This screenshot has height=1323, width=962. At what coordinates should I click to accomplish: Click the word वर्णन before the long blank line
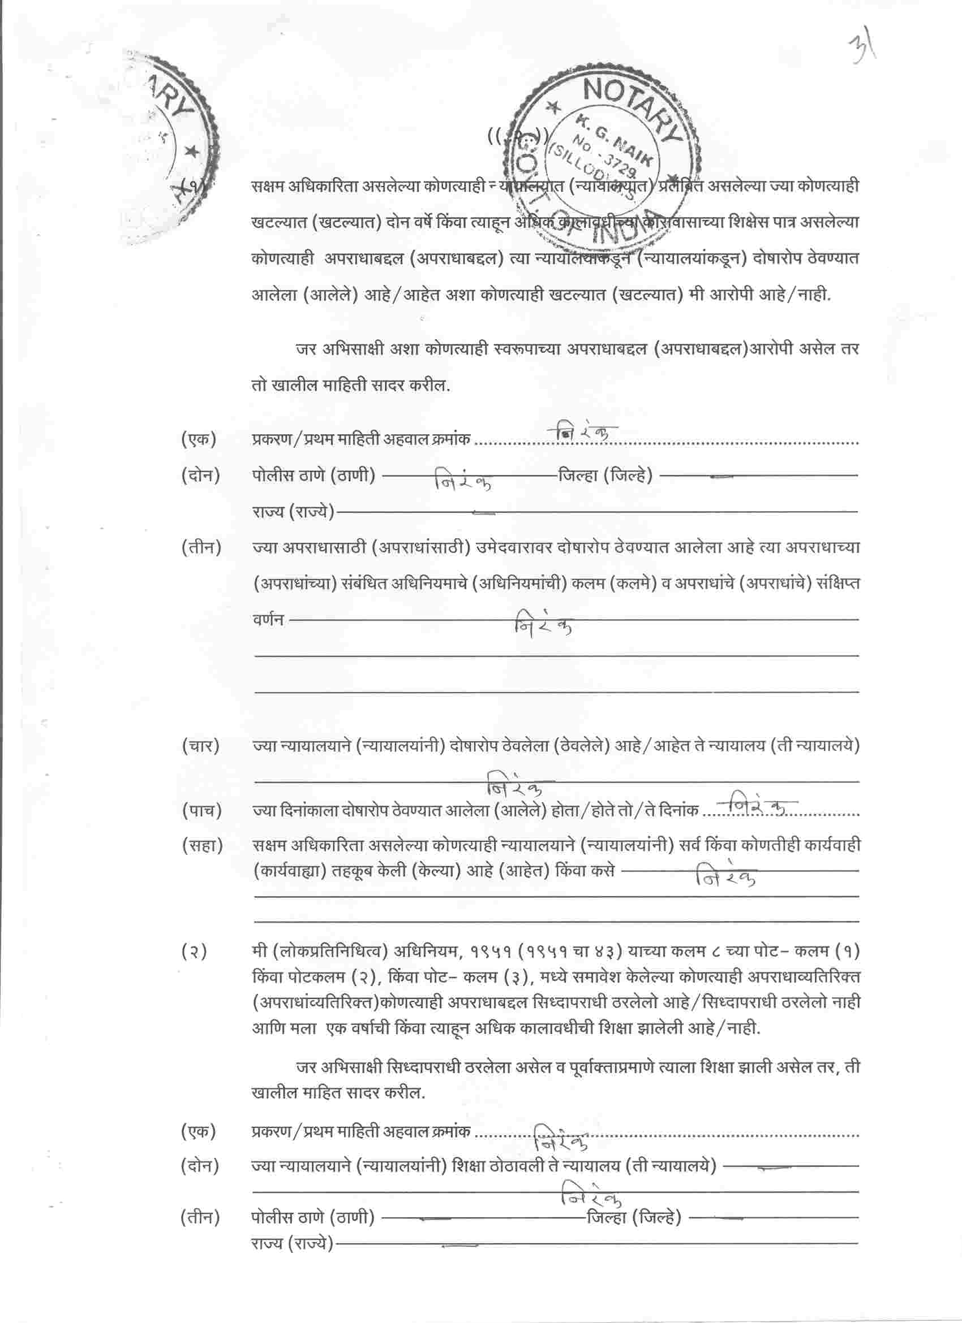point(269,619)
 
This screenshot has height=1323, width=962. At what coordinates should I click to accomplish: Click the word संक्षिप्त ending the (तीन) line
point(838,583)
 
